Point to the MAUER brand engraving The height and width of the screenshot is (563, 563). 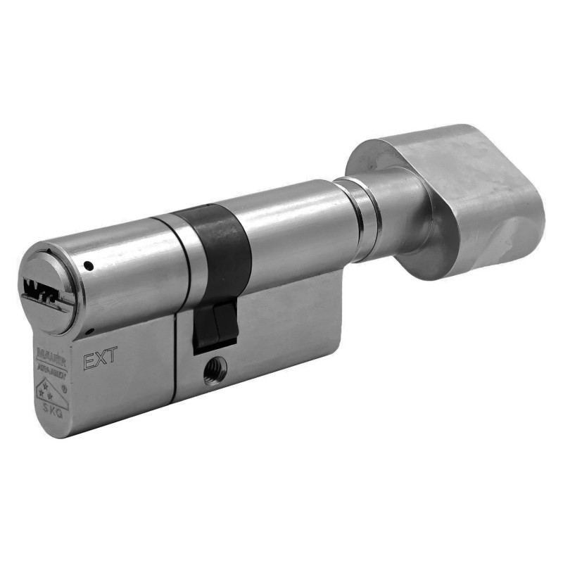(49, 350)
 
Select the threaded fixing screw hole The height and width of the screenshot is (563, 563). (215, 369)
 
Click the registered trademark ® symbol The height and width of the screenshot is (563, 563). (65, 386)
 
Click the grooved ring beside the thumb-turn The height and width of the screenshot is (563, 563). (362, 218)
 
